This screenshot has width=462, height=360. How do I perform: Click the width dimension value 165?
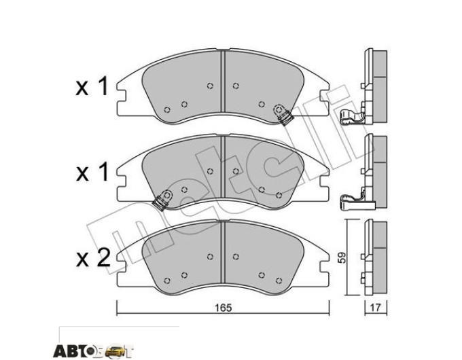(x=223, y=308)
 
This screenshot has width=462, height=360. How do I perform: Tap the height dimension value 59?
(x=342, y=257)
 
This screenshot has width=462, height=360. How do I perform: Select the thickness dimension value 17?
(x=376, y=308)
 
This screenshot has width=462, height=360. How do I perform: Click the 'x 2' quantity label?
(x=93, y=258)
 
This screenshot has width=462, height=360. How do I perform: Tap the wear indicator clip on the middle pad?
(x=163, y=200)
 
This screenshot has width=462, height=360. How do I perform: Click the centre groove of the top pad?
(x=223, y=82)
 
